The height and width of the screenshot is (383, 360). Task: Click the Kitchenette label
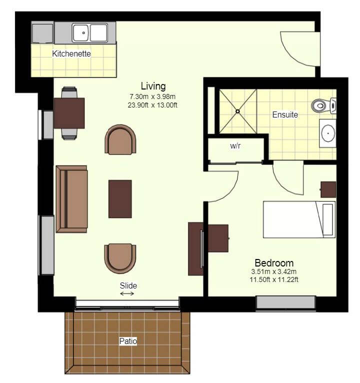point(71,53)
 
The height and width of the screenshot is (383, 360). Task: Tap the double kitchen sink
point(90,32)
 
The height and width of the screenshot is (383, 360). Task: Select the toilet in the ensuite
point(323,106)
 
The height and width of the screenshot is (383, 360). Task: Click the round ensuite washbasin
point(328,133)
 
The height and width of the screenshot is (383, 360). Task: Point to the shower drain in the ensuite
point(237,111)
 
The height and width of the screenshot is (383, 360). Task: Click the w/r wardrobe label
point(235,146)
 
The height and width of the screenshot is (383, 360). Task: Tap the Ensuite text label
point(285,114)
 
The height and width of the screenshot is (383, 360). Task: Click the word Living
point(153,86)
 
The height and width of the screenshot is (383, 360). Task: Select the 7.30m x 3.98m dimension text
point(152,96)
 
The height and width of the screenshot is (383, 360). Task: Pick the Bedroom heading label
point(274,263)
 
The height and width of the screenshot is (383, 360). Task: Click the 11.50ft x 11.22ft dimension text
point(274,279)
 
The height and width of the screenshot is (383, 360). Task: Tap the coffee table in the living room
point(120,199)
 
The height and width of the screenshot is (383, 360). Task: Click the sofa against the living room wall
point(71,199)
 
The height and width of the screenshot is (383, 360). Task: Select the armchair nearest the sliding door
point(120,258)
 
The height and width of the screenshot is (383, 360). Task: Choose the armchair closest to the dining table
point(120,139)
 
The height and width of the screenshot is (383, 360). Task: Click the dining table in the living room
point(69,113)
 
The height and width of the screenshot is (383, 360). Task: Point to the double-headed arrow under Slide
point(127,293)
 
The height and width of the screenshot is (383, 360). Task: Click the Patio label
point(128,341)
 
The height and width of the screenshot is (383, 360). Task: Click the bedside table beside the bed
point(328,189)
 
